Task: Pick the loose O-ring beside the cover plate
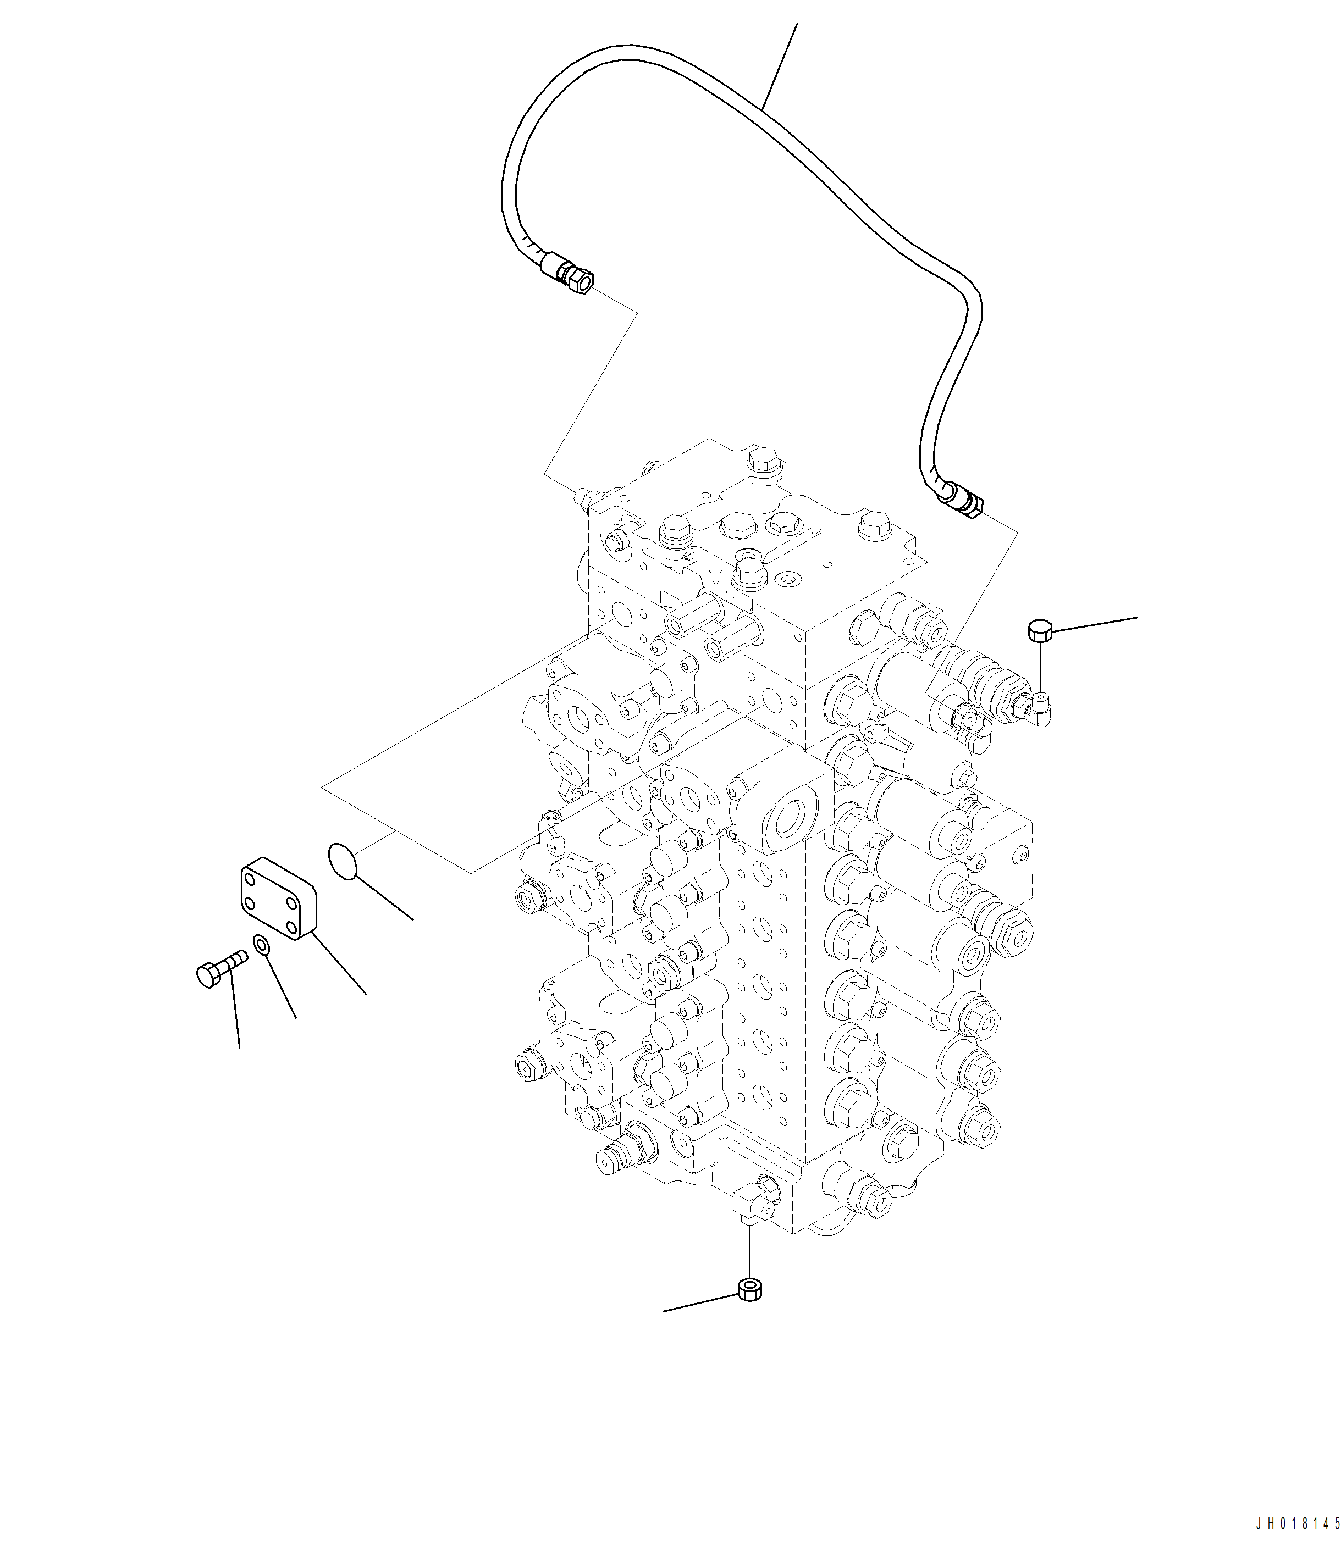pyautogui.click(x=343, y=861)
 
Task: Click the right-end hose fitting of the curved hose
pyautogui.click(x=963, y=502)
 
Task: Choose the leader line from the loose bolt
pyautogui.click(x=235, y=1007)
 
